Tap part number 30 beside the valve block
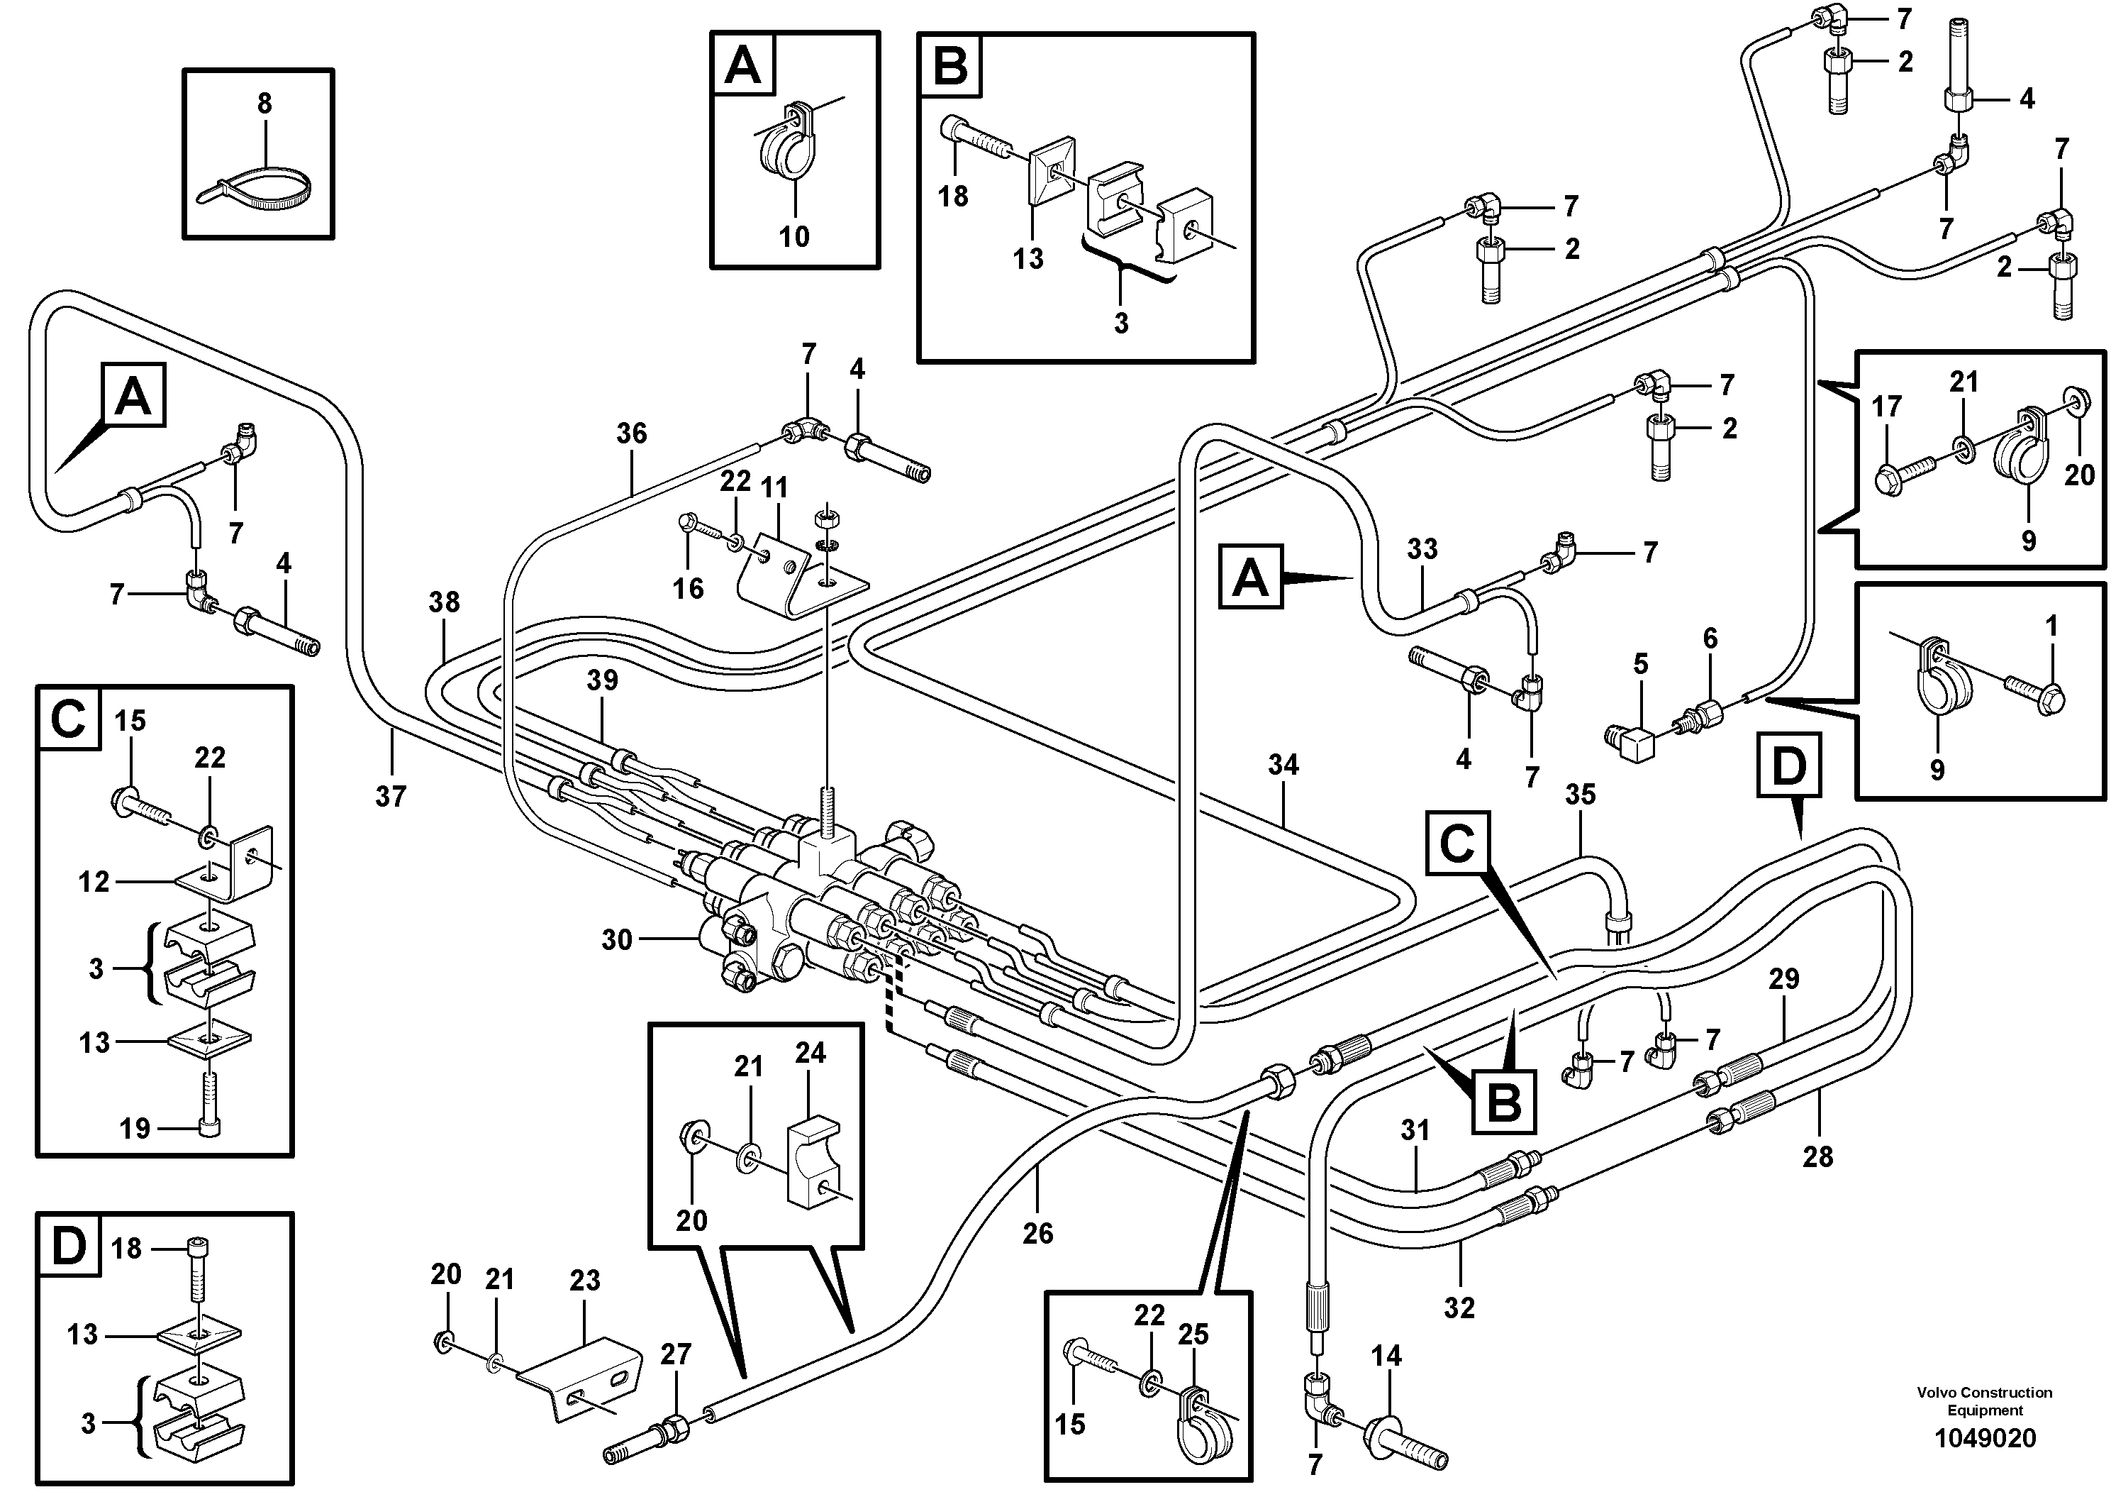(x=617, y=940)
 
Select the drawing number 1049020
(x=1985, y=1438)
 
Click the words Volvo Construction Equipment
(x=1984, y=1401)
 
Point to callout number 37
(x=391, y=797)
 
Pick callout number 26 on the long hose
(x=1038, y=1234)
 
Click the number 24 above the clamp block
(x=810, y=1054)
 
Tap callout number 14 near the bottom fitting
(x=1386, y=1355)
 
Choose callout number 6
(x=1710, y=638)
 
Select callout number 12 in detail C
(x=94, y=881)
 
